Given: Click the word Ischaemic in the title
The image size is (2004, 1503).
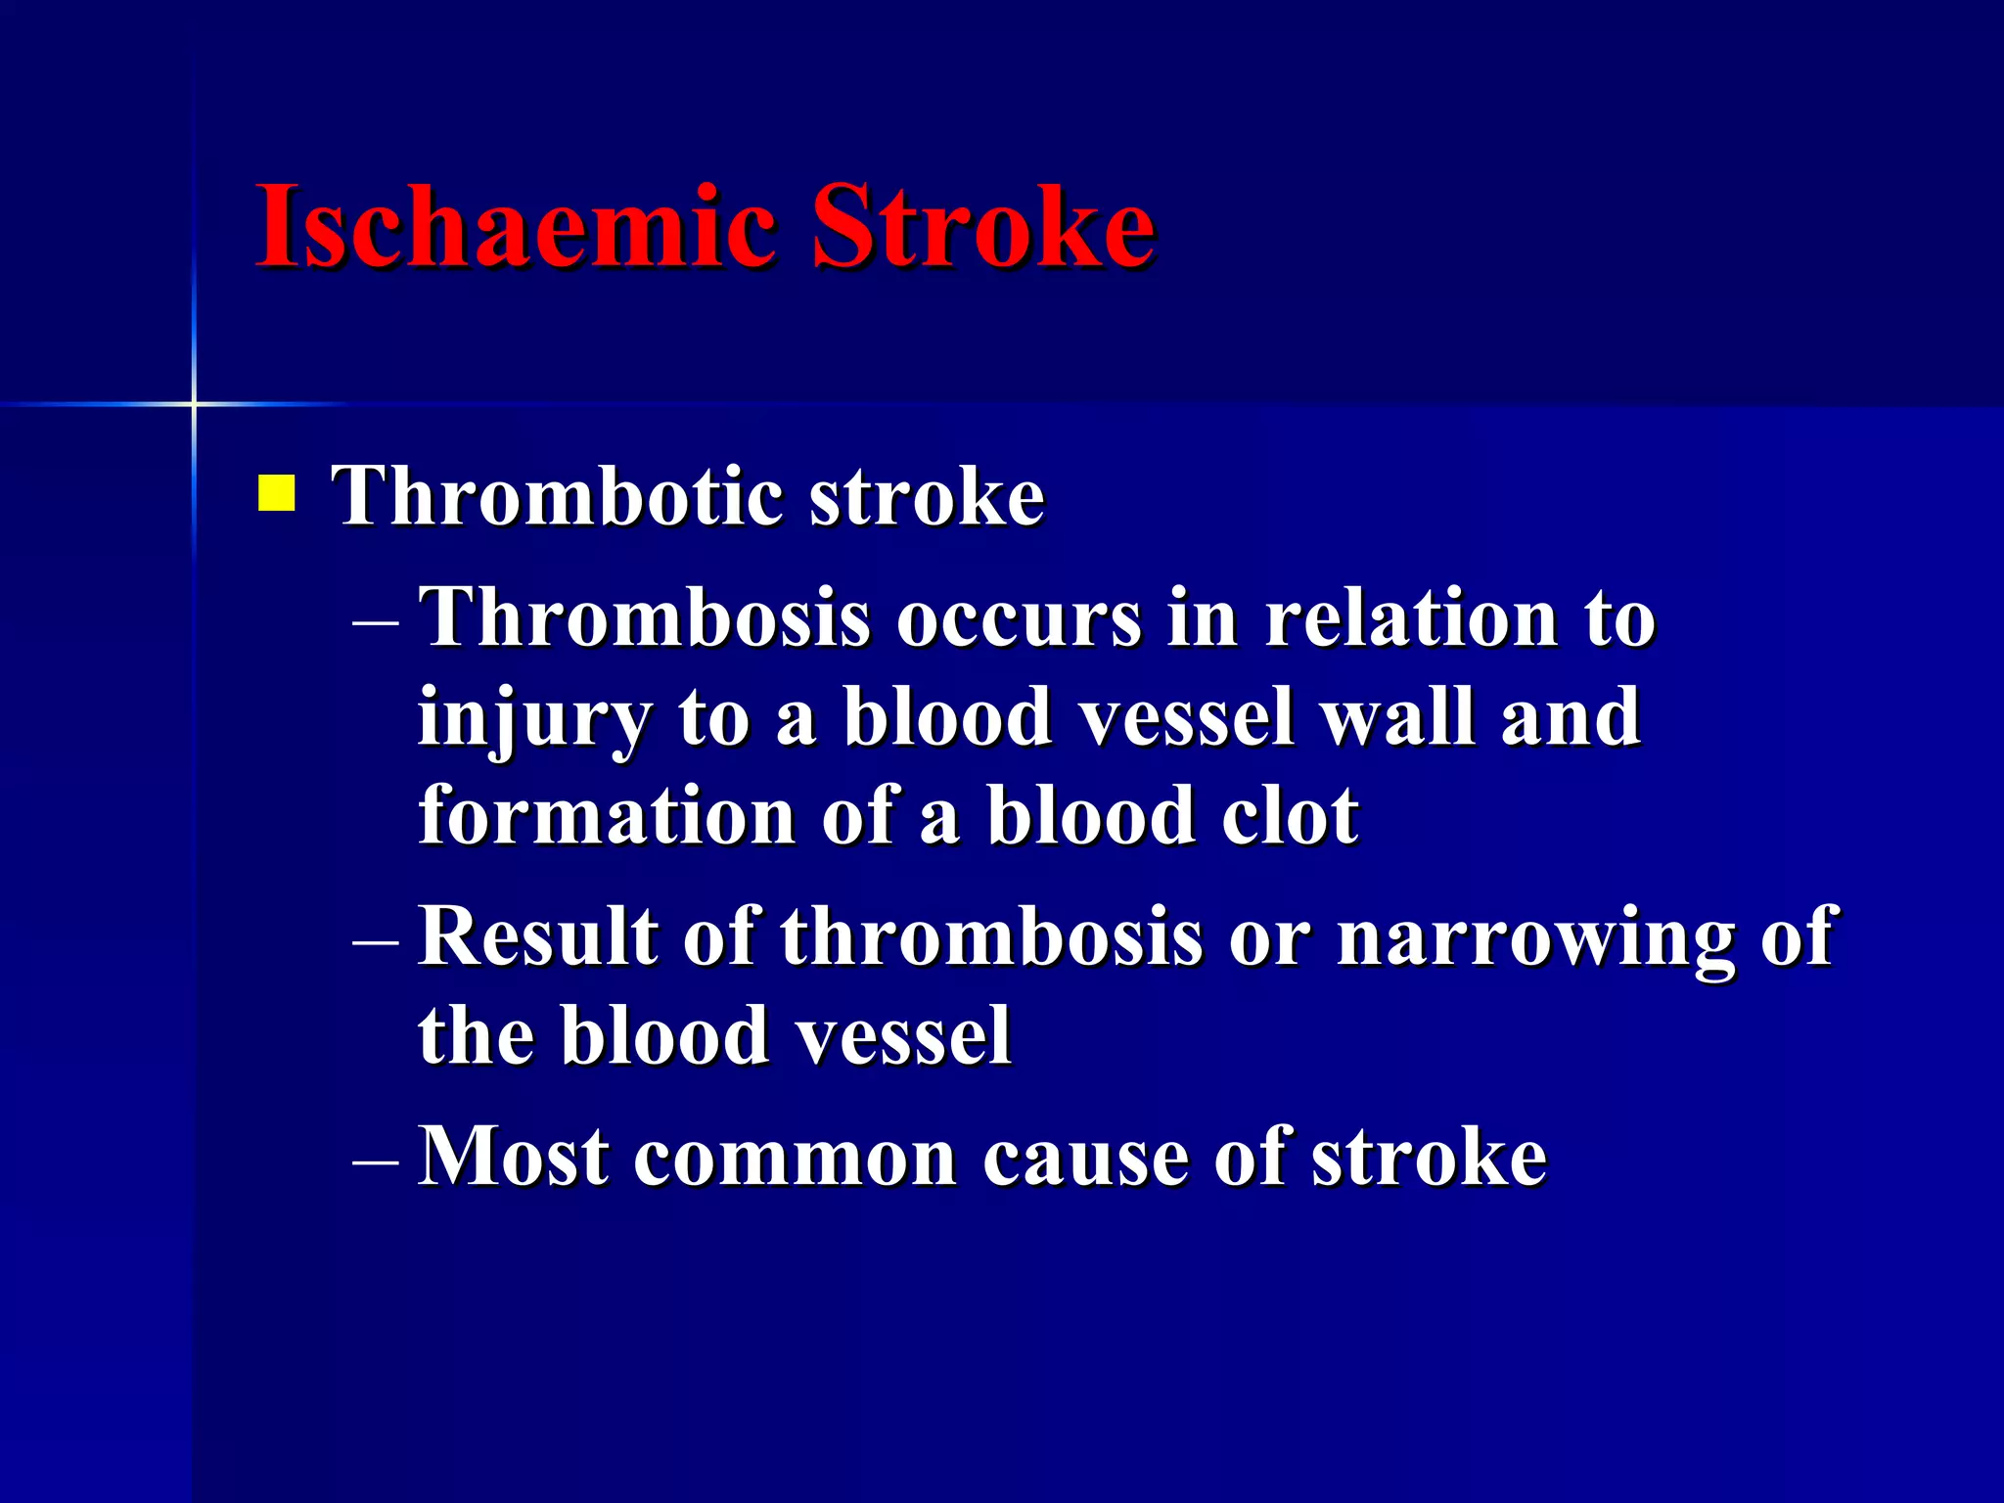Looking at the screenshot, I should coord(516,227).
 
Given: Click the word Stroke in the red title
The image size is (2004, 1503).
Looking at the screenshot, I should coord(982,227).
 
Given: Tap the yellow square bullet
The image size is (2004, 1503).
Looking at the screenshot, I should coord(276,493).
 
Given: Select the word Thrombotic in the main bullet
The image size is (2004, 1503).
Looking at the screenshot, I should coord(558,496).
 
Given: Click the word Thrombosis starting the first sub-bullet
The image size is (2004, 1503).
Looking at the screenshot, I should coord(645,618).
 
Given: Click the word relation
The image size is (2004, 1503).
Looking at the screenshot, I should coord(1411,618).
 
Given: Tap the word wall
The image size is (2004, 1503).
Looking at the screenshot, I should coord(1397,716).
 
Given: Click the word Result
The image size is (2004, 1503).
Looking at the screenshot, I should coord(537,936).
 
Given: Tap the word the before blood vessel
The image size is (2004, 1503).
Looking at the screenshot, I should coord(477,1035).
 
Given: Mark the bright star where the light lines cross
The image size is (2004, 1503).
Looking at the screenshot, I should coord(194,403).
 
